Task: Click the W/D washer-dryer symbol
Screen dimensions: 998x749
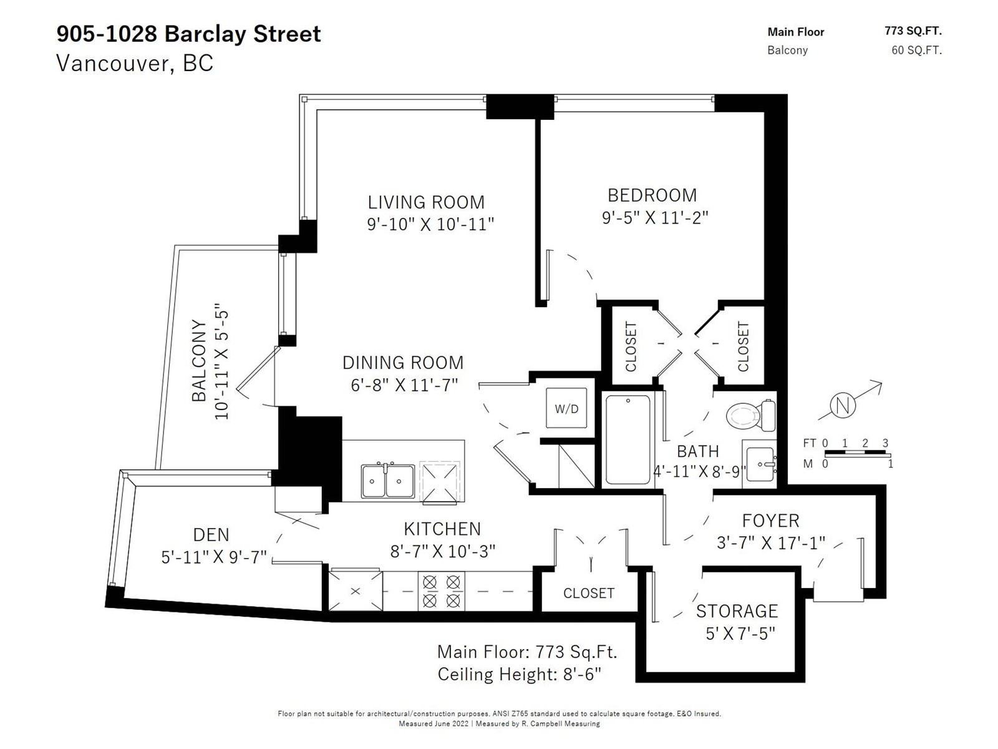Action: pos(566,408)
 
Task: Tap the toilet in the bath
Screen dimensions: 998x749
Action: pos(750,415)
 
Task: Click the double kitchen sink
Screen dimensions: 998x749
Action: pos(388,481)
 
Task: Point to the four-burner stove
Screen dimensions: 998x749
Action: pos(442,590)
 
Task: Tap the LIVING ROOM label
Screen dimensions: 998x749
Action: pos(426,202)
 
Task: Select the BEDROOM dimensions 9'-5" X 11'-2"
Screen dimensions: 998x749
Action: pos(655,217)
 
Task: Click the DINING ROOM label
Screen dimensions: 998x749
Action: pos(403,363)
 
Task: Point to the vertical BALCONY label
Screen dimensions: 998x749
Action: pos(199,361)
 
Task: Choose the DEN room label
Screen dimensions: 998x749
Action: pos(211,534)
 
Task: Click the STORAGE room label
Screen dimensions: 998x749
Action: pos(737,611)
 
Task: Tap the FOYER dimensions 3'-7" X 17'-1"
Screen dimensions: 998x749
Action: pos(771,542)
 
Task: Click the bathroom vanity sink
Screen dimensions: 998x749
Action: pos(759,464)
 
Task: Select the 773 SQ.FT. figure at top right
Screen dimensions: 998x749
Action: pos(913,31)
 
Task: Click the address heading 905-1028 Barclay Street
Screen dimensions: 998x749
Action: pos(189,34)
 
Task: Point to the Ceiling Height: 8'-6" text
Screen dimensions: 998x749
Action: pos(519,674)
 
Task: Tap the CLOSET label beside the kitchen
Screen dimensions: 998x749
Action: pos(589,593)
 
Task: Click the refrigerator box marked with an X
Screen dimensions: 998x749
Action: pos(355,590)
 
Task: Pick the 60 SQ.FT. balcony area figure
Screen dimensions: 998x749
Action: pos(917,50)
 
